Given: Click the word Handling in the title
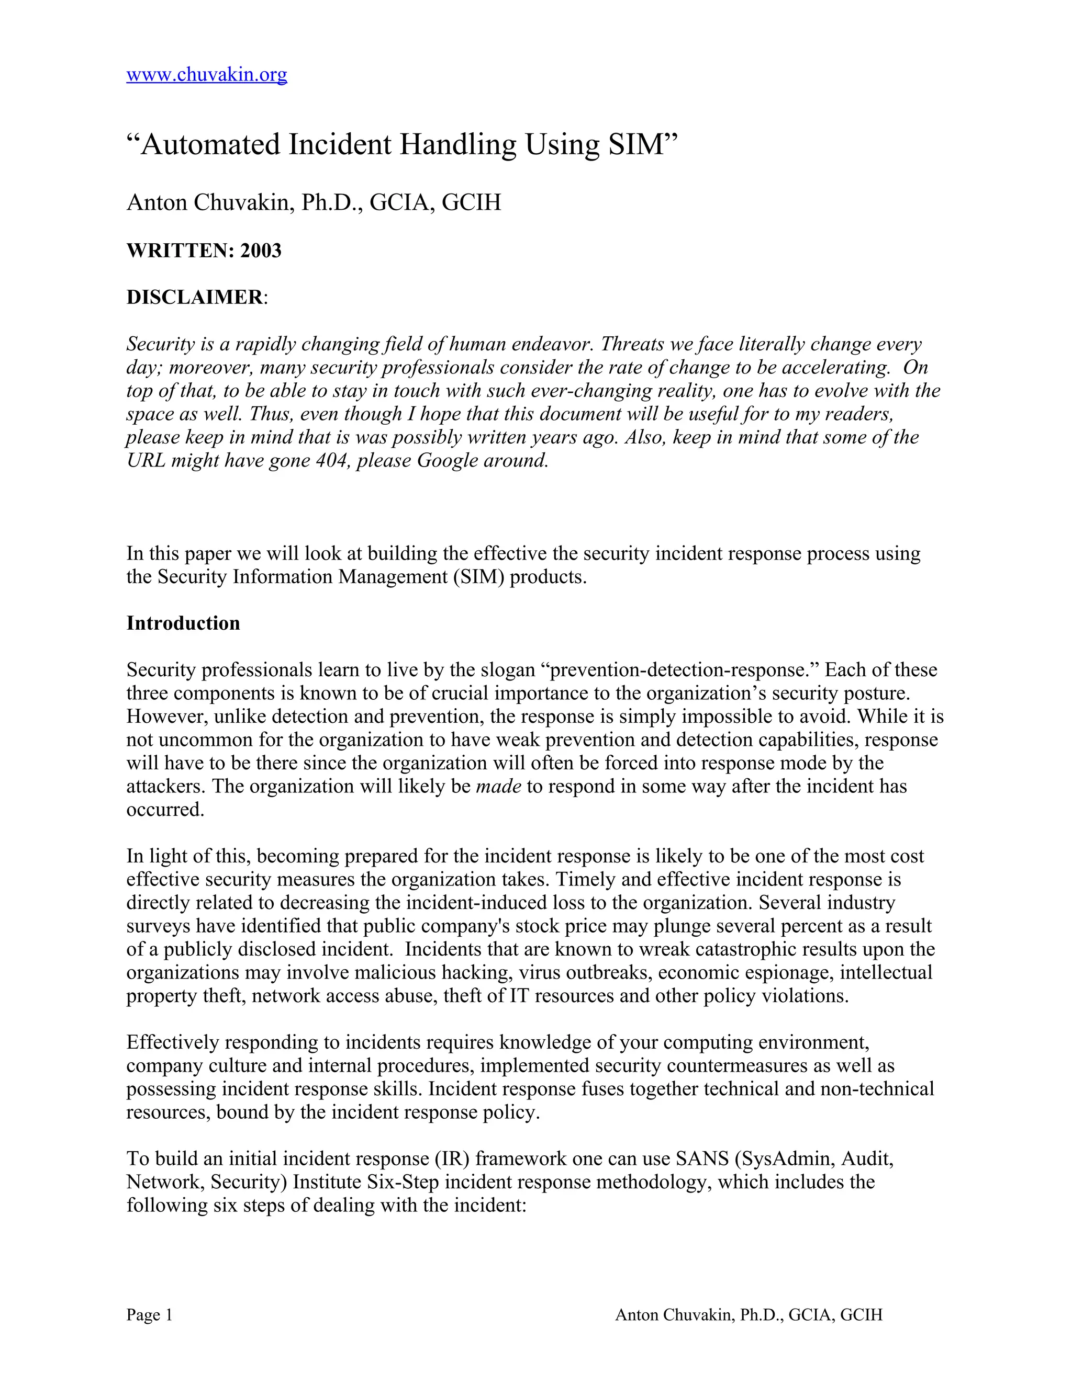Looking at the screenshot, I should [458, 145].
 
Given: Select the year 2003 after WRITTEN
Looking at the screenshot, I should [260, 251].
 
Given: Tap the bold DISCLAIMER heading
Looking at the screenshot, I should [194, 297].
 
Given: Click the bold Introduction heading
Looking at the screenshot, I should [183, 623].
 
